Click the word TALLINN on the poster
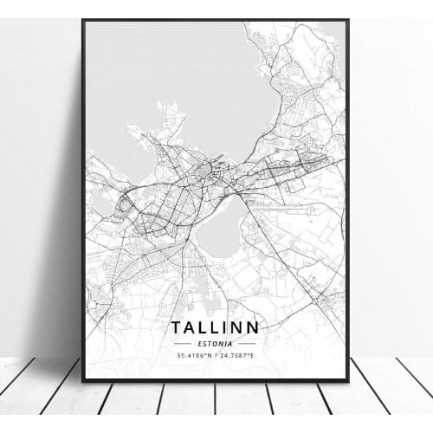pos(216,329)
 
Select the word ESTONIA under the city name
pos(216,344)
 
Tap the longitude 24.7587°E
pos(242,356)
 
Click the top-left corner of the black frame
pos(82,20)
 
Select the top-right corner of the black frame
pos(348,20)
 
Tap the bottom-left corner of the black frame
pos(82,380)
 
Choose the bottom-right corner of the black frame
pos(348,380)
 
